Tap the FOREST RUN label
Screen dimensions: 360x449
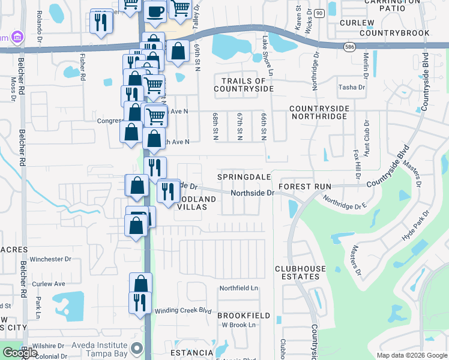click(x=305, y=187)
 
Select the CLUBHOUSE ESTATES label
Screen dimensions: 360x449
click(x=297, y=272)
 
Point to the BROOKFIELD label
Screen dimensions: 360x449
click(x=244, y=315)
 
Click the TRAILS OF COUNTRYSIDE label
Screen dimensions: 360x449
click(x=244, y=85)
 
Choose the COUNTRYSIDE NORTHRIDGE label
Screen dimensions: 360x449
click(x=319, y=112)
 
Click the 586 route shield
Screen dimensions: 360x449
click(x=350, y=46)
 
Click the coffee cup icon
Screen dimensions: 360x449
click(x=155, y=11)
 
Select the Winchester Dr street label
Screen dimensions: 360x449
click(x=51, y=259)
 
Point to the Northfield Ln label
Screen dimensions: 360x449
click(x=238, y=288)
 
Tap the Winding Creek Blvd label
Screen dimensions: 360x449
click(x=183, y=311)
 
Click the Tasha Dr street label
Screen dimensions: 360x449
click(x=352, y=87)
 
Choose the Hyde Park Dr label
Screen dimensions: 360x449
click(x=417, y=226)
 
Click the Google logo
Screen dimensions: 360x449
click(x=20, y=352)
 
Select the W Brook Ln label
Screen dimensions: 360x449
click(x=239, y=325)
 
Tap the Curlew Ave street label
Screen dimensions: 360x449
click(x=49, y=284)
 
